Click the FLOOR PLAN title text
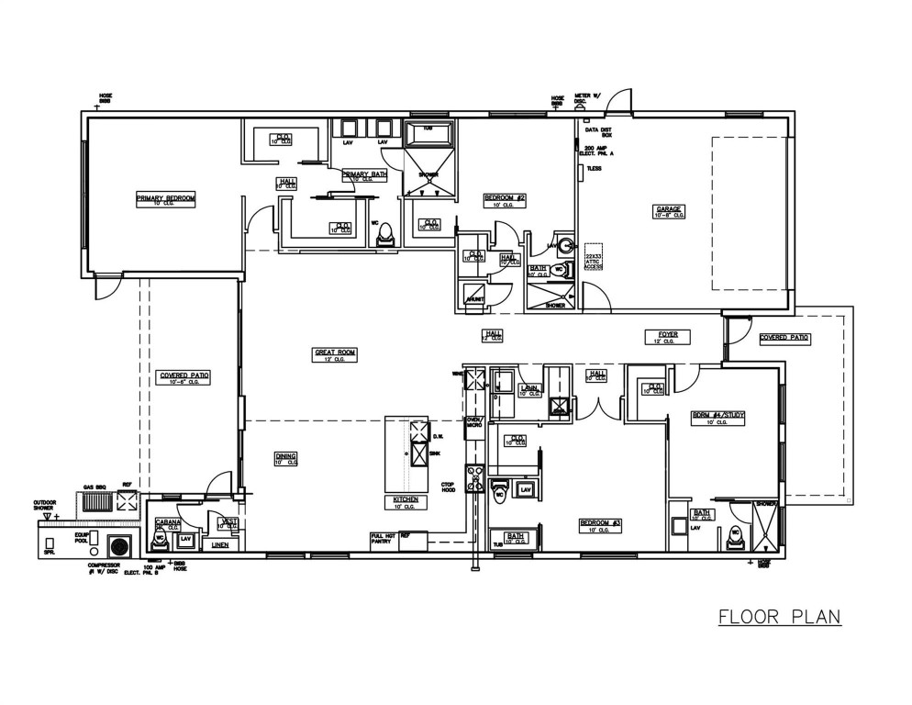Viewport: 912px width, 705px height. click(x=779, y=616)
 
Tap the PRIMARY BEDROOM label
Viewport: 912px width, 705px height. click(x=166, y=197)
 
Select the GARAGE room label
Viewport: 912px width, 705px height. click(x=667, y=209)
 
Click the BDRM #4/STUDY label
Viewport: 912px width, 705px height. click(x=717, y=416)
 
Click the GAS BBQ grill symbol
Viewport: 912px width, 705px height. click(x=95, y=500)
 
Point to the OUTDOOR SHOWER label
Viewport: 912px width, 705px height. click(x=45, y=505)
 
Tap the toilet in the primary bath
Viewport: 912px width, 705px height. click(x=386, y=231)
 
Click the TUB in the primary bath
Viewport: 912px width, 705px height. click(x=428, y=133)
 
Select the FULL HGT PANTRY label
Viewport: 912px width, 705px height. click(x=383, y=539)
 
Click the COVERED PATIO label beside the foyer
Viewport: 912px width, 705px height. click(x=784, y=338)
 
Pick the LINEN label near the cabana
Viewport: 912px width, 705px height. click(x=219, y=544)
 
